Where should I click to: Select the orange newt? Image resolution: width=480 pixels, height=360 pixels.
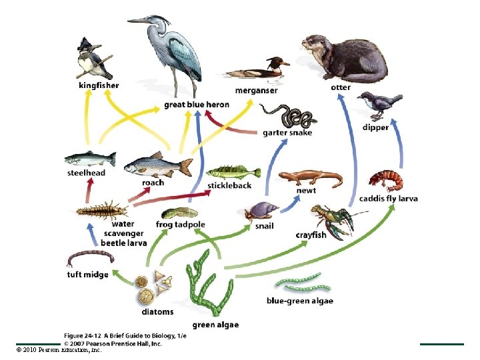click(309, 178)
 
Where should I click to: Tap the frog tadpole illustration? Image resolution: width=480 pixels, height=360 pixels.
click(177, 214)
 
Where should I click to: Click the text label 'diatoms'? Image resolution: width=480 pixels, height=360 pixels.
click(157, 311)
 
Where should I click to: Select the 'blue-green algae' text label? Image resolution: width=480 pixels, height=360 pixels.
click(299, 301)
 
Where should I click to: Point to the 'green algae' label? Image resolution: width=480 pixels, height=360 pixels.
click(215, 325)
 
